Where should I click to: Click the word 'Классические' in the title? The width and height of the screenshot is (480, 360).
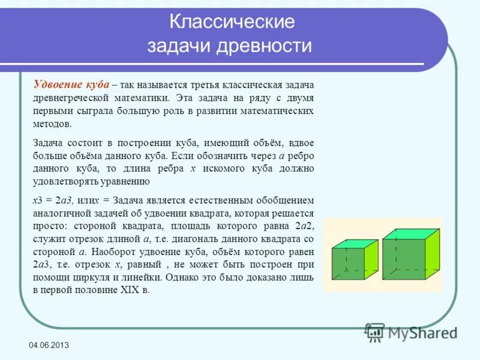232,23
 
